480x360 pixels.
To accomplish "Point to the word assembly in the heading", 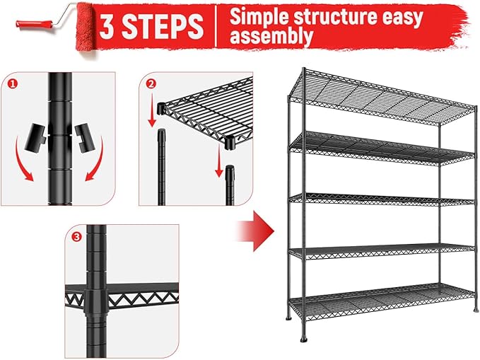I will pos(271,36).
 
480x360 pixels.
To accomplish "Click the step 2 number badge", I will pos(150,83).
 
